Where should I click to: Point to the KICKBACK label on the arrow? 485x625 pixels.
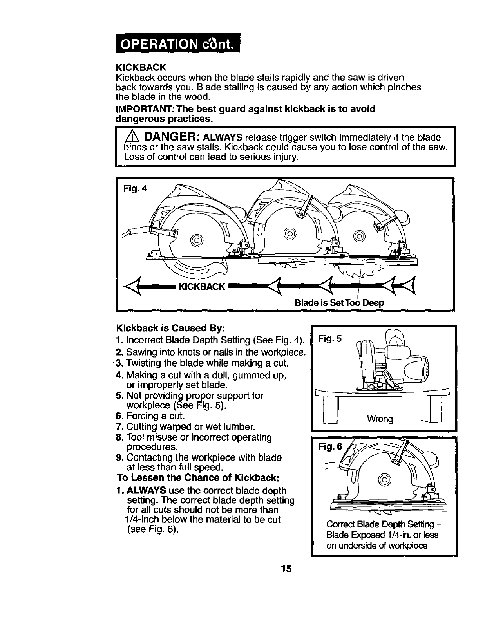coord(201,287)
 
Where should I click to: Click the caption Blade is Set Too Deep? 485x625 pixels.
coord(339,303)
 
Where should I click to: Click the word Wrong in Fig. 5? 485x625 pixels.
coord(380,419)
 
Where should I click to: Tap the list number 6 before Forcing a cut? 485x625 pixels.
coord(120,416)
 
